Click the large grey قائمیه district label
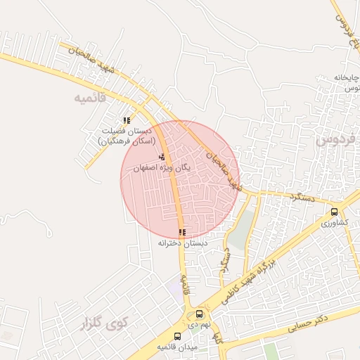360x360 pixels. pos(89,98)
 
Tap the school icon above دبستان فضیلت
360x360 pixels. pos(127,121)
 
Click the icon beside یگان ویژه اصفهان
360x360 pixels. pos(162,157)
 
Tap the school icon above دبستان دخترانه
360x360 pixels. pos(182,232)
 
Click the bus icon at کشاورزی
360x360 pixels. pos(334,211)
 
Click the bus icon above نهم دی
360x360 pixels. pos(200,314)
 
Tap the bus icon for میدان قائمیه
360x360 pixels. pos(177,337)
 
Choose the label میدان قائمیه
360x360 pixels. pos(173,347)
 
